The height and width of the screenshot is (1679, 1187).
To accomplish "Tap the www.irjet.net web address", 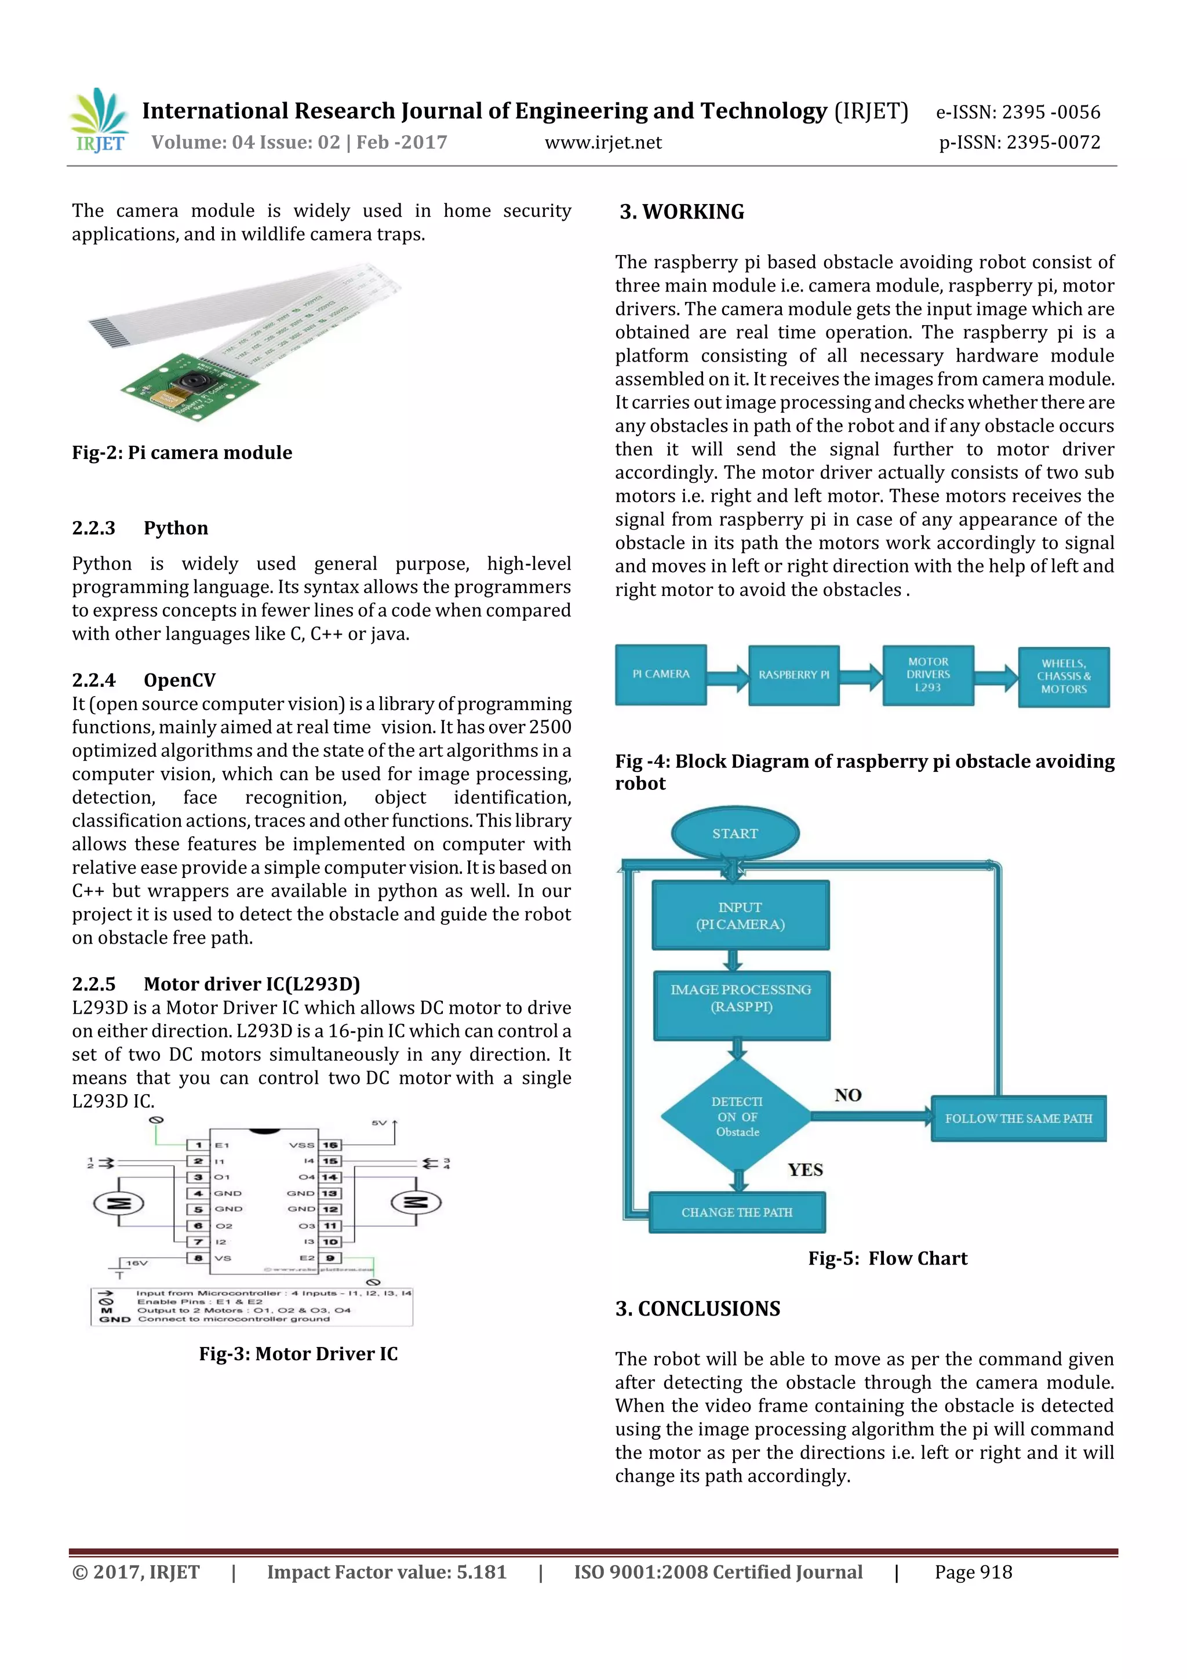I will pos(603,143).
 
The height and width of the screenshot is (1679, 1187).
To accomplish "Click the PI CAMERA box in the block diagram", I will pos(660,674).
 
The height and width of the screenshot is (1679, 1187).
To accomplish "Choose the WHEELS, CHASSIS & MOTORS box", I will pos(1064,676).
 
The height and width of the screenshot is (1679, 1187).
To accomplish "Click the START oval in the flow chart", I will pos(735,833).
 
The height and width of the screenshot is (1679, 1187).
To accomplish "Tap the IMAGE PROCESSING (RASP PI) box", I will pos(741,1006).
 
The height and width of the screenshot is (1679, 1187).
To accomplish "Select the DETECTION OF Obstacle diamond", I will pos(737,1117).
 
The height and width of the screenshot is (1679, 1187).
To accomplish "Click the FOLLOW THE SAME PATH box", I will pos(1018,1119).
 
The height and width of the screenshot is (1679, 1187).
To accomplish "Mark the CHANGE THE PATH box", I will pos(737,1212).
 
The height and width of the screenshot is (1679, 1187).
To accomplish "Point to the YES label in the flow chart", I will pos(805,1170).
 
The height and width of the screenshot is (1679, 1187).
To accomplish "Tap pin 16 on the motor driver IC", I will pos(330,1145).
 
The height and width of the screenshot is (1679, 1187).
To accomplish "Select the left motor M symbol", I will pos(118,1203).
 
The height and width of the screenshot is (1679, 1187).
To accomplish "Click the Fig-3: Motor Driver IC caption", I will pos(298,1354).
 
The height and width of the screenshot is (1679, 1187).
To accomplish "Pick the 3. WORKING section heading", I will pos(682,212).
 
